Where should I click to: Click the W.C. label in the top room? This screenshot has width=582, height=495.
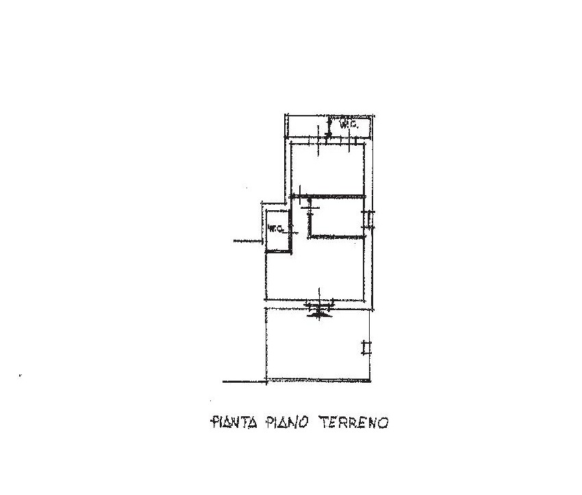point(349,126)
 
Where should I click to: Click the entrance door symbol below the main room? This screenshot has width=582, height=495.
point(319,308)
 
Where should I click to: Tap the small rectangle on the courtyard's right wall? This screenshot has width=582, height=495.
point(367,348)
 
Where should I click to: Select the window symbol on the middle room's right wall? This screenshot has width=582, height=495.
point(368,219)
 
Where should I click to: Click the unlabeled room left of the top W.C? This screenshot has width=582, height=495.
point(307,127)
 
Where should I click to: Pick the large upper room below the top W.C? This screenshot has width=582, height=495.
point(327,169)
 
